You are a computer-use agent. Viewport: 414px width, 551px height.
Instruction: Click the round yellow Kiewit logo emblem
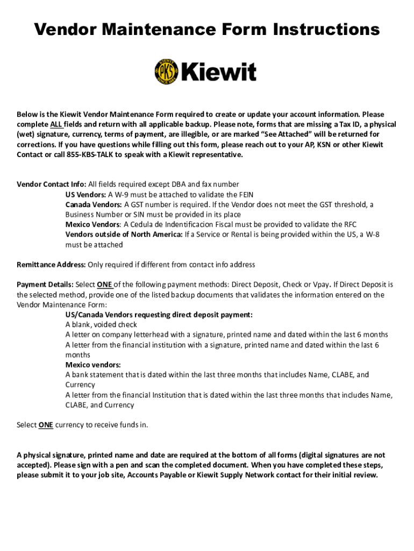[166, 71]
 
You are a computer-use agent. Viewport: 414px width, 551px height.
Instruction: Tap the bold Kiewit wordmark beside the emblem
[219, 72]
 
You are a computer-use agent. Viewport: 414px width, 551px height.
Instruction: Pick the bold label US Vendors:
[85, 195]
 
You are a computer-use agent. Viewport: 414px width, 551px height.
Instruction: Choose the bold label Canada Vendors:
[94, 204]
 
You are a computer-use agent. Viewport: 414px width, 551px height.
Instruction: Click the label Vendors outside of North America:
[124, 235]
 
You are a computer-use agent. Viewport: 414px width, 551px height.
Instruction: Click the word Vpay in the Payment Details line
[320, 285]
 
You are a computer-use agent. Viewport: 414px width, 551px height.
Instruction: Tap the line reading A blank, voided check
[101, 324]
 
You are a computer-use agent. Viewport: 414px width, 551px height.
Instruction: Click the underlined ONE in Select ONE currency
[46, 425]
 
